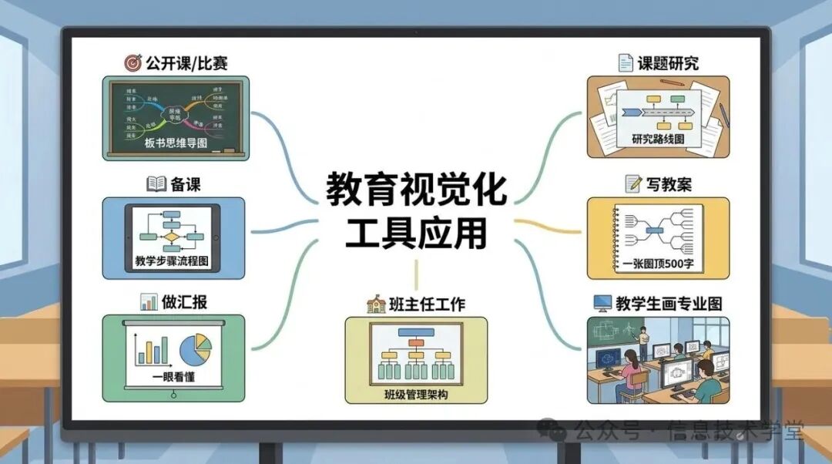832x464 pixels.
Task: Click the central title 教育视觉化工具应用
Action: (x=416, y=210)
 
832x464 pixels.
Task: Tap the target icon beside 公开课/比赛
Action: (x=133, y=62)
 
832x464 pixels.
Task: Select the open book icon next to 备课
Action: (x=156, y=183)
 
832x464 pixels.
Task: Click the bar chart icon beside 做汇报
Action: (x=149, y=301)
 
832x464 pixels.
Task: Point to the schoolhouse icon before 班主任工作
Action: (x=375, y=304)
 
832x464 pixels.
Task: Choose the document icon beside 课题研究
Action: (x=626, y=62)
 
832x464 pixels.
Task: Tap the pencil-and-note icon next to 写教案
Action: (x=634, y=183)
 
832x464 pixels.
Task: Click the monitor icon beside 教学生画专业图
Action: (x=602, y=303)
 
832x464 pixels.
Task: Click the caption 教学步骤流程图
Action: (x=173, y=261)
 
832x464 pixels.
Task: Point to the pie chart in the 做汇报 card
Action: (x=196, y=351)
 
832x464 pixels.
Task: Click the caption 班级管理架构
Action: (x=416, y=395)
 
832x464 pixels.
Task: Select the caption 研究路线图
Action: (x=658, y=139)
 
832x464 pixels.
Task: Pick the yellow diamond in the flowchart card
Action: (x=172, y=237)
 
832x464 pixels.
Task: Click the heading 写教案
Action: (x=668, y=184)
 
